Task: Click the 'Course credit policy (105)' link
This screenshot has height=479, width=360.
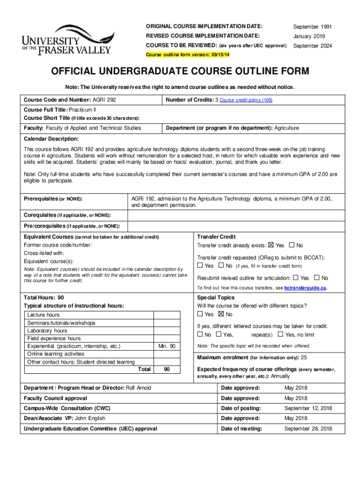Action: (245, 100)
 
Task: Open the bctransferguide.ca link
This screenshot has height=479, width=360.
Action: (305, 288)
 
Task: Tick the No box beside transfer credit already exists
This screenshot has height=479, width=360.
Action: (292, 245)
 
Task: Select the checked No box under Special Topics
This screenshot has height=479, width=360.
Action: (221, 314)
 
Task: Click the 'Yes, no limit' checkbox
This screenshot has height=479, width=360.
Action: (280, 334)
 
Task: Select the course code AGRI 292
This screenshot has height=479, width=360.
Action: (104, 100)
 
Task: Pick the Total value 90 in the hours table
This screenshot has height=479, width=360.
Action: (167, 370)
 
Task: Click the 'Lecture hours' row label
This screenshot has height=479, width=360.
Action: (43, 315)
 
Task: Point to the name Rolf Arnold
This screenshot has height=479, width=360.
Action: (139, 388)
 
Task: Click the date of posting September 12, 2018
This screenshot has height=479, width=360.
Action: (308, 408)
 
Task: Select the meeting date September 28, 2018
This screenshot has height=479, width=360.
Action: (308, 428)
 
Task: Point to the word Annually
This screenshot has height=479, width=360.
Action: (280, 376)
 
